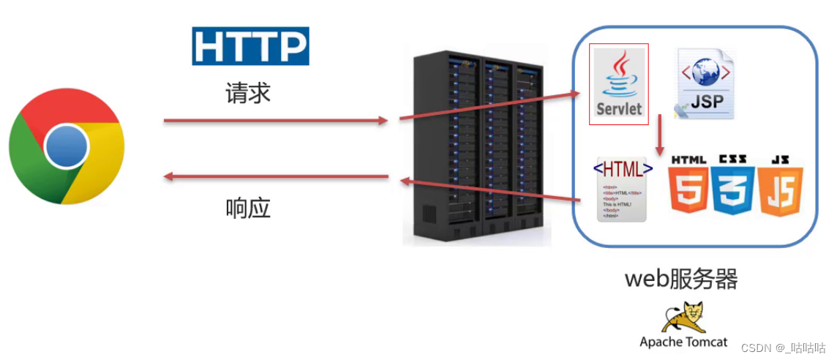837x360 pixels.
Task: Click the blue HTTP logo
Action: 250,46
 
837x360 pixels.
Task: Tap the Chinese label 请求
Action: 248,93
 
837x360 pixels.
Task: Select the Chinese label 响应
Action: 248,208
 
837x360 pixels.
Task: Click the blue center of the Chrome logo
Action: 67,147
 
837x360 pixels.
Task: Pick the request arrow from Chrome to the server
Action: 275,121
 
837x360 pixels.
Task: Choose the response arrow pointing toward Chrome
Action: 275,176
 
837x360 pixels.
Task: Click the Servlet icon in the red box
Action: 619,83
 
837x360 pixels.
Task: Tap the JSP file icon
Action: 704,83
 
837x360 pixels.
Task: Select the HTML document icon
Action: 623,188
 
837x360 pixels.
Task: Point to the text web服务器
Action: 680,279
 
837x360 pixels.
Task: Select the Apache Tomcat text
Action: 683,342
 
